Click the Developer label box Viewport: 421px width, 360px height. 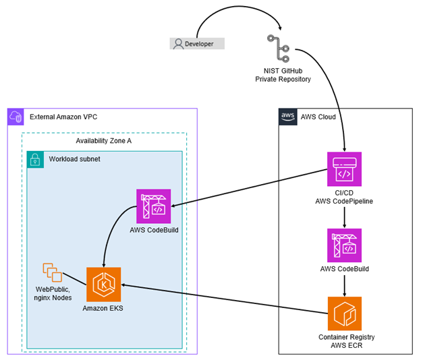(x=196, y=44)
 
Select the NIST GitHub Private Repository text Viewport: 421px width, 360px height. (x=283, y=76)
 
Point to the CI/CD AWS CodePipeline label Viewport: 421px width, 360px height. (x=345, y=197)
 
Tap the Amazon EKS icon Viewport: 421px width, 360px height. (x=104, y=284)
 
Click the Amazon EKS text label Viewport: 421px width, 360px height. (x=104, y=308)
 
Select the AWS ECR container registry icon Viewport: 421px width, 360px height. (x=345, y=313)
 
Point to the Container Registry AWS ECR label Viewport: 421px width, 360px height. (x=345, y=341)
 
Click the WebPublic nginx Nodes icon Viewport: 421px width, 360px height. (x=53, y=272)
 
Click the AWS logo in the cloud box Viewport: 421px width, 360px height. (x=287, y=117)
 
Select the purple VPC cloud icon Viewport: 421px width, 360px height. (x=16, y=117)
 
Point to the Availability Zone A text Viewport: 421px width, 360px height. (x=103, y=141)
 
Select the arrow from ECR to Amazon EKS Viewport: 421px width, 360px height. (x=223, y=299)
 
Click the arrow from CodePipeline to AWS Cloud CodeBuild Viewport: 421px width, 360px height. (x=345, y=216)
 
